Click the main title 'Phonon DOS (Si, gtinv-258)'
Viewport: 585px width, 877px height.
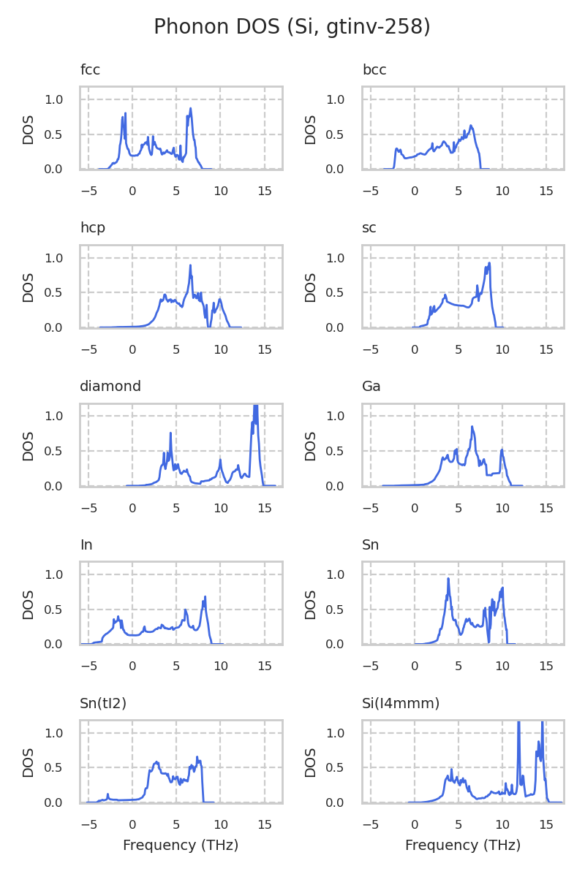tap(292, 27)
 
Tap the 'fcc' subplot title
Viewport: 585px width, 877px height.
tap(90, 70)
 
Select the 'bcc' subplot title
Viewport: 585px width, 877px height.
tap(374, 70)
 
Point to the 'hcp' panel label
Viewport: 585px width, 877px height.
tap(93, 228)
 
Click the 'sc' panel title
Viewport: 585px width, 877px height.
tap(369, 228)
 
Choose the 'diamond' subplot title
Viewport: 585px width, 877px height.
tap(110, 387)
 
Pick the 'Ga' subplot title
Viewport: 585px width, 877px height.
tap(371, 387)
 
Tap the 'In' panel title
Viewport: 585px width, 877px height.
tap(86, 545)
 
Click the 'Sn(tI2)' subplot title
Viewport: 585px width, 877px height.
tap(103, 704)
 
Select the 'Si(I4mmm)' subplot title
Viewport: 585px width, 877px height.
tap(401, 704)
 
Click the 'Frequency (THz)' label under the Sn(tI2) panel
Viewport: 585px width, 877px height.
tap(181, 846)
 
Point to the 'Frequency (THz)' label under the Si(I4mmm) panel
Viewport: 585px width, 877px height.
tap(463, 846)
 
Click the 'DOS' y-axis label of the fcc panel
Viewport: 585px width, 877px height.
tap(29, 129)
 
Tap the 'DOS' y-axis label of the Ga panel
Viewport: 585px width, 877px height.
tap(311, 446)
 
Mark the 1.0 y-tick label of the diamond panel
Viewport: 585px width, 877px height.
tap(64, 416)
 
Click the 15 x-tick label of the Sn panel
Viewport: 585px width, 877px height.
tap(546, 660)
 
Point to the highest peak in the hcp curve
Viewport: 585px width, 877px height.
tap(190, 265)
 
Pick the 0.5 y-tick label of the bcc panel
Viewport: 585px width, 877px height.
tap(347, 134)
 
